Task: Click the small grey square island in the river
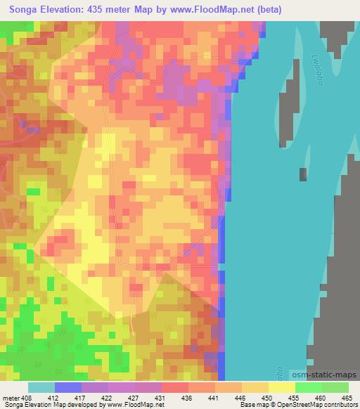[x=303, y=174]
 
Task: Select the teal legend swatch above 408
[x=41, y=387]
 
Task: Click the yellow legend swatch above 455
[x=282, y=387]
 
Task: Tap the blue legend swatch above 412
[x=68, y=387]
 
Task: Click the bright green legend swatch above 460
[x=309, y=387]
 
